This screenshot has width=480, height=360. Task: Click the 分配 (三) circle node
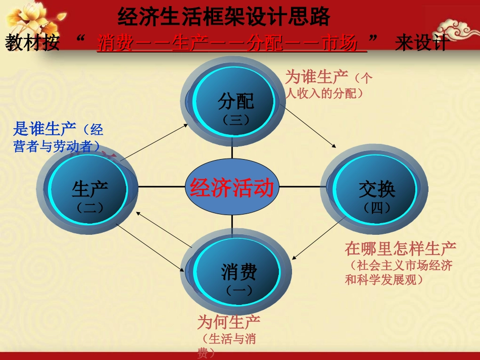tap(235, 103)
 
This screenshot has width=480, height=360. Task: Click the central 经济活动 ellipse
tap(232, 187)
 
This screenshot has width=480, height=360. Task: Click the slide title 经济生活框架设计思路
tap(224, 17)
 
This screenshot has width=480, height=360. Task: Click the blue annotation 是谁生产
tap(44, 130)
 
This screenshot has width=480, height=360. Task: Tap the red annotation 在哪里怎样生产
tap(401, 248)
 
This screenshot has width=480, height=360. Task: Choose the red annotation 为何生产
tap(229, 323)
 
